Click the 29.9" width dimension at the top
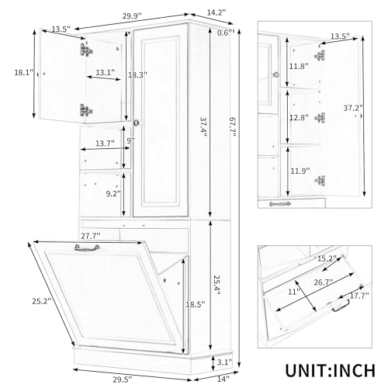pyautogui.click(x=132, y=16)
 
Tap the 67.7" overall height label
pyautogui.click(x=233, y=130)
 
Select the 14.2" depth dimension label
pyautogui.click(x=217, y=12)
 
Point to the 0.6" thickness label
pyautogui.click(x=225, y=33)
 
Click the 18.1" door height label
pyautogui.click(x=24, y=73)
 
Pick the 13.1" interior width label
pyautogui.click(x=106, y=73)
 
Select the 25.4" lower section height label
pyautogui.click(x=217, y=285)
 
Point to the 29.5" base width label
pyautogui.click(x=123, y=379)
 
